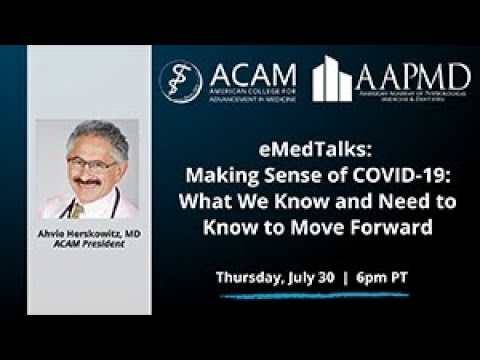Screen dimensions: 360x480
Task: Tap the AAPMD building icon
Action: click(x=333, y=79)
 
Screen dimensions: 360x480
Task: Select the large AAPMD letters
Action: click(x=414, y=76)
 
